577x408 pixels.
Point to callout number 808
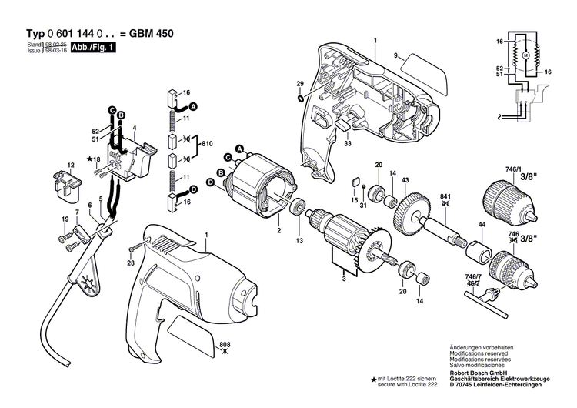coord(225,344)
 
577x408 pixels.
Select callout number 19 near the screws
coord(63,220)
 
